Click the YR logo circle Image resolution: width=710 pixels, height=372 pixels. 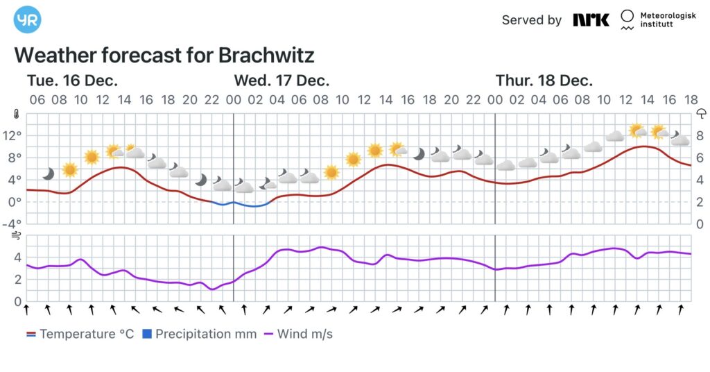point(28,19)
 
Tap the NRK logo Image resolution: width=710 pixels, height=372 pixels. point(591,19)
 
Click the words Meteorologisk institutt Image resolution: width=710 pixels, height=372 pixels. point(667,20)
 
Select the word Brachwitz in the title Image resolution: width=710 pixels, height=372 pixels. point(266,55)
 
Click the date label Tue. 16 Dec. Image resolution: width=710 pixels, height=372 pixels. point(73,80)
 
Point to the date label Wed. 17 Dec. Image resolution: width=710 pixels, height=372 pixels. point(281,80)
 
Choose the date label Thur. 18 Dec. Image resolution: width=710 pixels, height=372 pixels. point(544,80)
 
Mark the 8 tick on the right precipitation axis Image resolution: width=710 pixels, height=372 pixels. point(700,135)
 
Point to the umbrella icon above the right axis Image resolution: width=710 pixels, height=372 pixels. point(701,115)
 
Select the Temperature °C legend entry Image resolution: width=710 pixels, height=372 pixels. point(80,334)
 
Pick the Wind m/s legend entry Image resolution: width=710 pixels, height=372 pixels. point(298,334)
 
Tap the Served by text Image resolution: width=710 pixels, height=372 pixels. point(532,20)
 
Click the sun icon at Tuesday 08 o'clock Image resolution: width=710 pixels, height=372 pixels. point(69,169)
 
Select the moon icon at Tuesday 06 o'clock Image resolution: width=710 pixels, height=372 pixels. point(48,173)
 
